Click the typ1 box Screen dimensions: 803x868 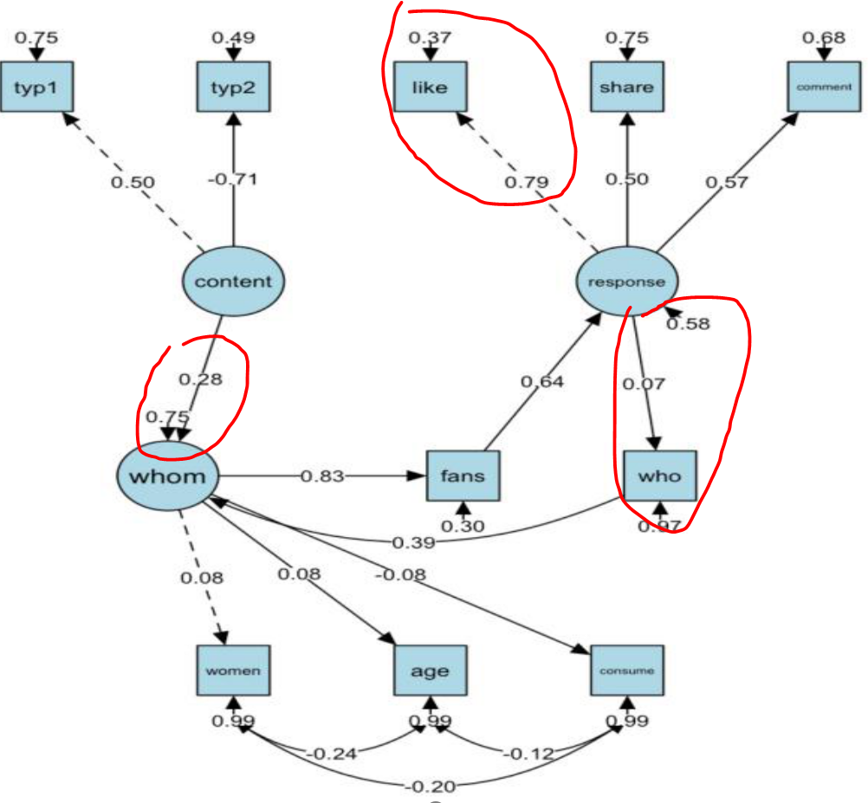tap(36, 87)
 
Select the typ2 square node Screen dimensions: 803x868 tap(231, 87)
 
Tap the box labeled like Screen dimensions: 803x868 tap(430, 87)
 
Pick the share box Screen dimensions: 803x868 tap(626, 87)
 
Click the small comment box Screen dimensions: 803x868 tap(823, 87)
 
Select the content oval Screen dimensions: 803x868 tap(232, 282)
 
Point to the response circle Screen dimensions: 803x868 tap(627, 282)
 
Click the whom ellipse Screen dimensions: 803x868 tap(167, 476)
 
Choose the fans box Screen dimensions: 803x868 tap(463, 476)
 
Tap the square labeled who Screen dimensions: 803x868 tap(659, 476)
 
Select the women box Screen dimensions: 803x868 tap(232, 670)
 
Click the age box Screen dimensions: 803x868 tap(430, 670)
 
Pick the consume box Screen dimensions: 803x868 tap(627, 670)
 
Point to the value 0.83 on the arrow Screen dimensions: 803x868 tap(321, 476)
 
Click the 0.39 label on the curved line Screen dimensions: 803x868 tap(412, 542)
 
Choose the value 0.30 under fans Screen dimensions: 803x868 tap(464, 527)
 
